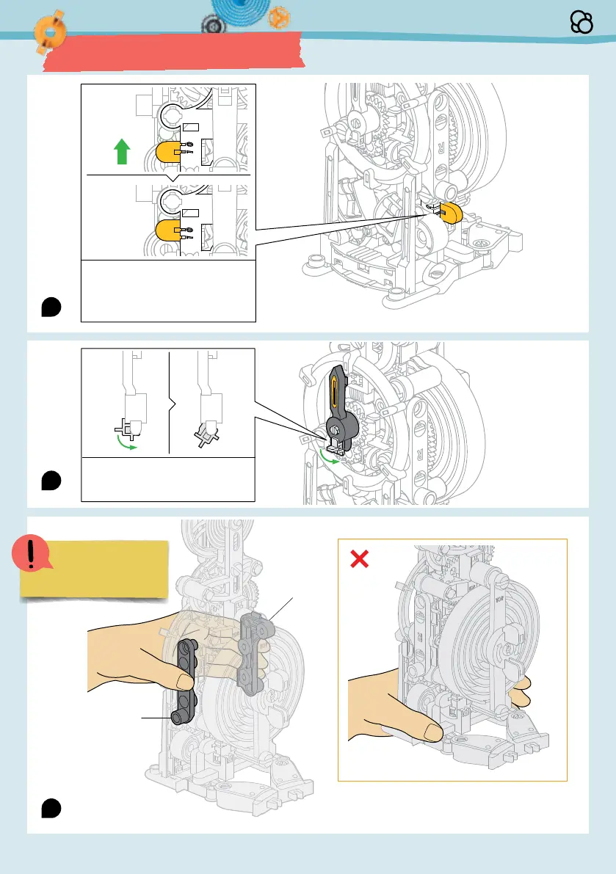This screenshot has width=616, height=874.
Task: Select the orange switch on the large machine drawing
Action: [x=449, y=211]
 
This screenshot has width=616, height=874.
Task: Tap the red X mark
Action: [x=359, y=559]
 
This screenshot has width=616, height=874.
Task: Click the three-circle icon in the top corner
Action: [x=581, y=24]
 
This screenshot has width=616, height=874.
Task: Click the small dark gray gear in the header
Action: [x=212, y=25]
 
